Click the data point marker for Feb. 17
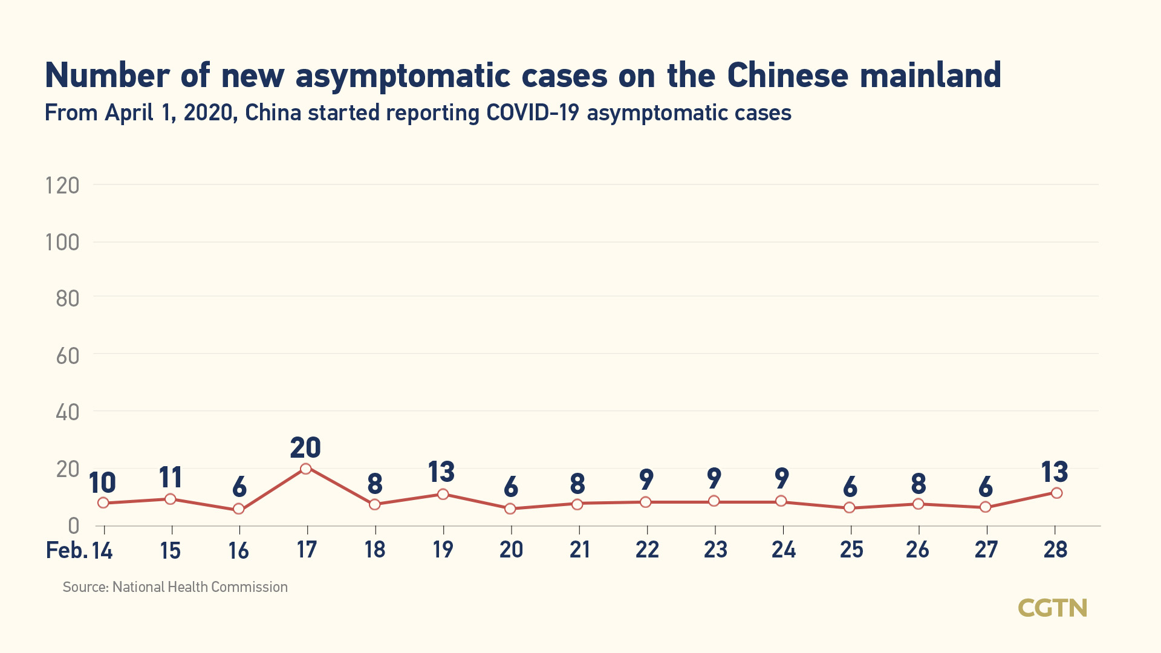tap(306, 469)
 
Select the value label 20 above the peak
tap(305, 448)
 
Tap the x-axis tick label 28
tap(1056, 550)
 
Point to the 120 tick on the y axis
tap(62, 186)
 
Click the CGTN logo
tap(1052, 608)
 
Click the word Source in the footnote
tap(85, 587)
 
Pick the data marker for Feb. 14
tap(103, 503)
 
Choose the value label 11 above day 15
tap(171, 478)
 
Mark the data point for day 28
tap(1056, 493)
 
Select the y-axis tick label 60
tap(67, 356)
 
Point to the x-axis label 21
tap(579, 550)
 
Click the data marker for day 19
tap(443, 494)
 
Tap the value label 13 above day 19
tap(441, 472)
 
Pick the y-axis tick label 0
tap(73, 526)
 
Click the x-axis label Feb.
tap(67, 550)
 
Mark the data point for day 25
tap(850, 507)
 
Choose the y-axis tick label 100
tap(62, 242)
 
